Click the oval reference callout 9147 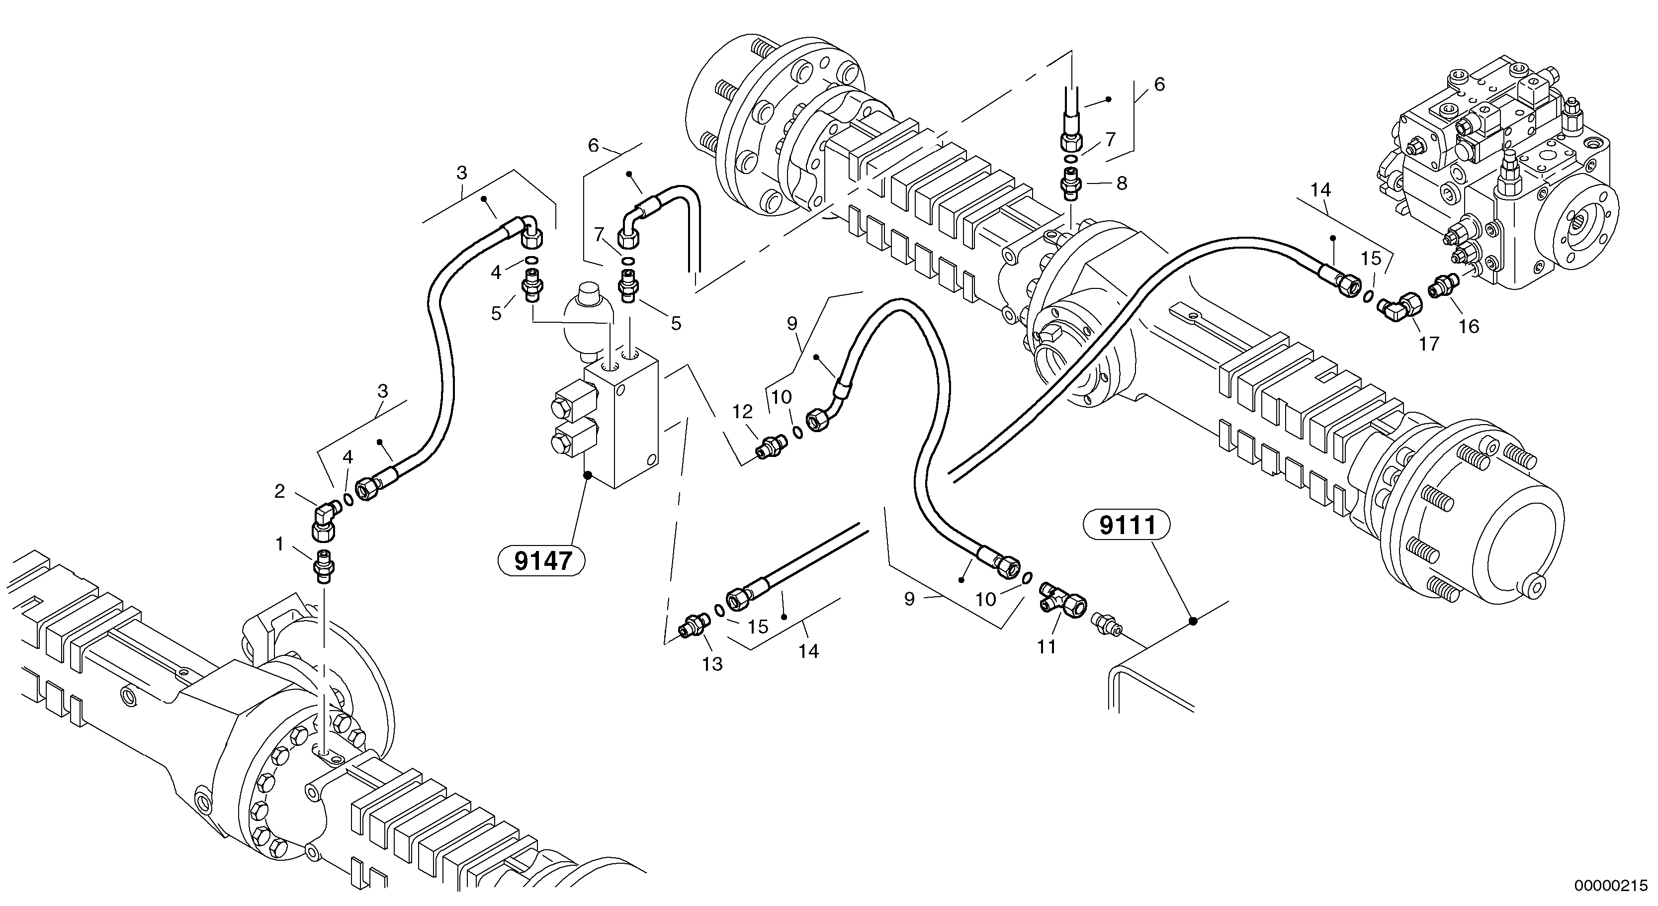tap(542, 561)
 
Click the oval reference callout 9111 tap(1127, 526)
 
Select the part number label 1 tap(279, 545)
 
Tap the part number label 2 tap(279, 491)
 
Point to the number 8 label tap(1122, 184)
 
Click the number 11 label tap(1047, 646)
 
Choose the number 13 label tap(712, 664)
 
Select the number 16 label tap(1469, 327)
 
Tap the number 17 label tap(1429, 344)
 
